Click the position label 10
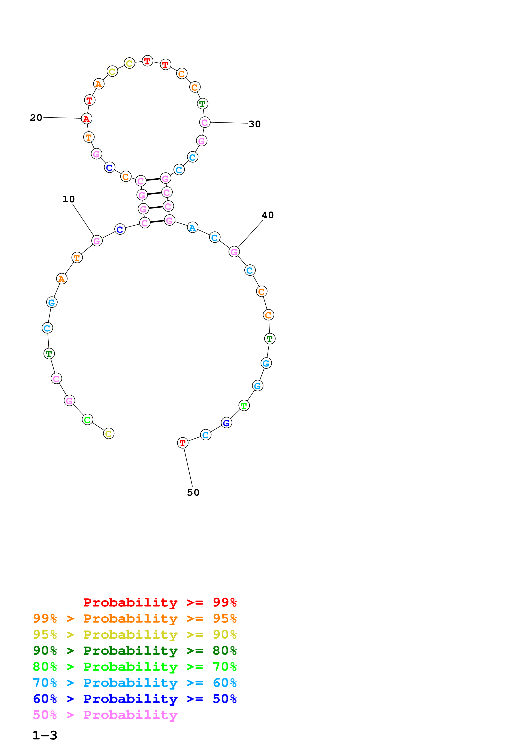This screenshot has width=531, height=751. click(x=69, y=199)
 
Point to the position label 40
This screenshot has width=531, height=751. click(x=268, y=215)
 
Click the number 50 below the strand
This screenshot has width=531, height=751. click(x=193, y=493)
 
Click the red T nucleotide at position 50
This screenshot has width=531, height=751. click(x=182, y=443)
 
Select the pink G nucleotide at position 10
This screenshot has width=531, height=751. click(x=97, y=241)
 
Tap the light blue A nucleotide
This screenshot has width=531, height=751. click(x=192, y=227)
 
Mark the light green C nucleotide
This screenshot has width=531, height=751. click(x=87, y=420)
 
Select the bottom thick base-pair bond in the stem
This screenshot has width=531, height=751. click(x=157, y=221)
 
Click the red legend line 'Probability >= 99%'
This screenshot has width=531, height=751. click(x=160, y=602)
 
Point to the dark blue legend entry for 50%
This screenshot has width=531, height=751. click(x=135, y=699)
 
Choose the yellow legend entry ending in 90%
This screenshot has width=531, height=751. click(x=135, y=635)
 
